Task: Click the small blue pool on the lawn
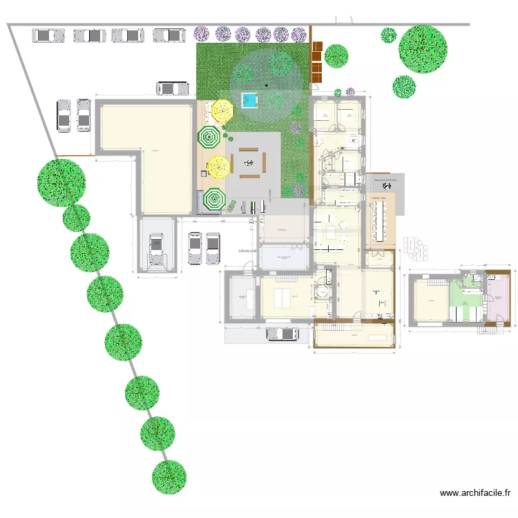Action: pos(249,101)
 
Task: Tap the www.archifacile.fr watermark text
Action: pos(475,493)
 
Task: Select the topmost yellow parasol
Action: pos(222,110)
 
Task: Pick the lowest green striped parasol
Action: pos(213,200)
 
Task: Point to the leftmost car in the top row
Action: pos(47,35)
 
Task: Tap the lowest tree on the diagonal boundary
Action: pos(169,477)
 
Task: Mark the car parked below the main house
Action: pos(282,334)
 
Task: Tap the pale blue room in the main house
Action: pos(284,258)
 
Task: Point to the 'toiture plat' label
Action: pos(247,251)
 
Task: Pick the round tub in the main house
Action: pos(320,291)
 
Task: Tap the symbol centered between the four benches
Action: pos(248,163)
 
